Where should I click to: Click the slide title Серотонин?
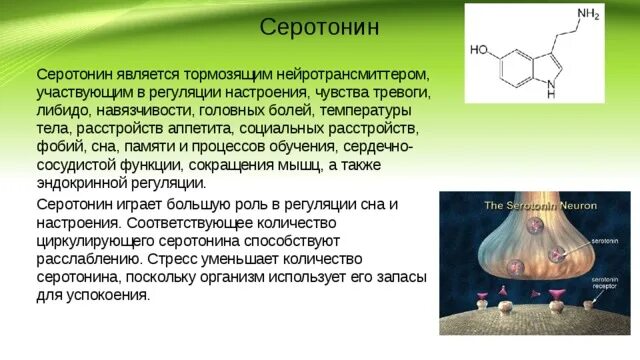(319, 26)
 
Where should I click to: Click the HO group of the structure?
(478, 48)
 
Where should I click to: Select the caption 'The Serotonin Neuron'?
(539, 205)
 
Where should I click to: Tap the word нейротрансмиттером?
(347, 75)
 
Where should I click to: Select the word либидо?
(66, 111)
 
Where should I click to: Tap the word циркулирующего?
(96, 241)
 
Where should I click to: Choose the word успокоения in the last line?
(107, 295)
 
